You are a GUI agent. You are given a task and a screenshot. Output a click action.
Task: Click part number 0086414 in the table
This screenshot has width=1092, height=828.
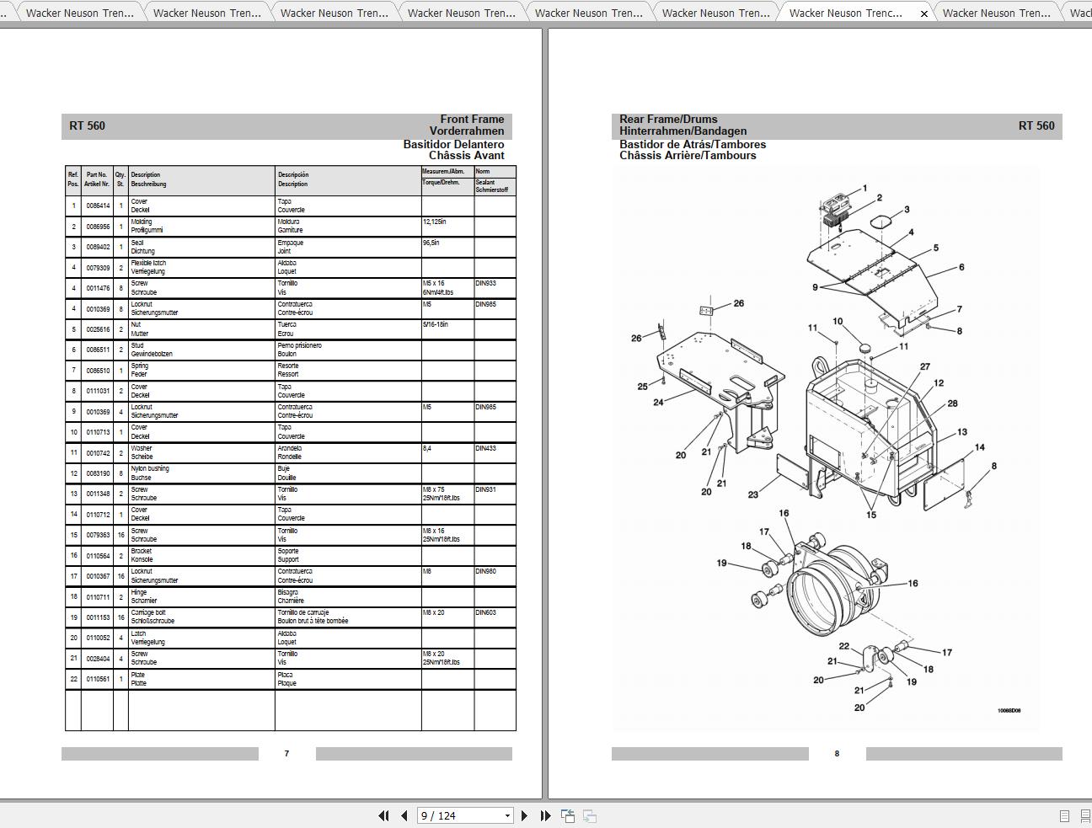pos(98,206)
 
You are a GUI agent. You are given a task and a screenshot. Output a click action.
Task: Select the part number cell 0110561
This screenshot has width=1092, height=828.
pos(98,679)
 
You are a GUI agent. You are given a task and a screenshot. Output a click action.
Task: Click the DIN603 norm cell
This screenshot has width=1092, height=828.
pos(485,613)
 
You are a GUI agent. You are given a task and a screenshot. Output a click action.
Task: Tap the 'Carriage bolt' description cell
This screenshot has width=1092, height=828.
pos(153,617)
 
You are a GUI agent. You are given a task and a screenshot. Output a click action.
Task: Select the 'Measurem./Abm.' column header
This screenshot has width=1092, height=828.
pos(443,172)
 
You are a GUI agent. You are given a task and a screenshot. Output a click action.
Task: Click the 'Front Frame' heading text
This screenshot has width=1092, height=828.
pos(472,120)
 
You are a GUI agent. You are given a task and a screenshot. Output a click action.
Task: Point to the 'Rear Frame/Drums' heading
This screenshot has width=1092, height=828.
pos(668,120)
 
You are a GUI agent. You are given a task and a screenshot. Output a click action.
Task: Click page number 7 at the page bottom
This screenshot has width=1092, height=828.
pos(286,754)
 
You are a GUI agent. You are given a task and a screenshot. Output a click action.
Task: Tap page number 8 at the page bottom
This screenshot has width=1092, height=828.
pos(837,754)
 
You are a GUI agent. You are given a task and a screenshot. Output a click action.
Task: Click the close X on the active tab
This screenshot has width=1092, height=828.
pos(924,13)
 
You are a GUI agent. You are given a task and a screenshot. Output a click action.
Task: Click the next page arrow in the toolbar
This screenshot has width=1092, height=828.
pos(524,815)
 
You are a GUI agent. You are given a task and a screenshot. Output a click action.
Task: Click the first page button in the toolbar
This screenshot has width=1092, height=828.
pos(383,815)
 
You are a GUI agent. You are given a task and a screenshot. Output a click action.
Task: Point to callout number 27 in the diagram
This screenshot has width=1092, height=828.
pos(924,367)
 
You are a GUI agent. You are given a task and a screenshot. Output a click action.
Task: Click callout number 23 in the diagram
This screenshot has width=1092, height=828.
pos(752,495)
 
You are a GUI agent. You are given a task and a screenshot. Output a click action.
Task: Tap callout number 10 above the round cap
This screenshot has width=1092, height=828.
pos(838,322)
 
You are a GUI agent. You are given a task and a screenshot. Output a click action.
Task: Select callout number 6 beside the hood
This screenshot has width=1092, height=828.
pos(961,268)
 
